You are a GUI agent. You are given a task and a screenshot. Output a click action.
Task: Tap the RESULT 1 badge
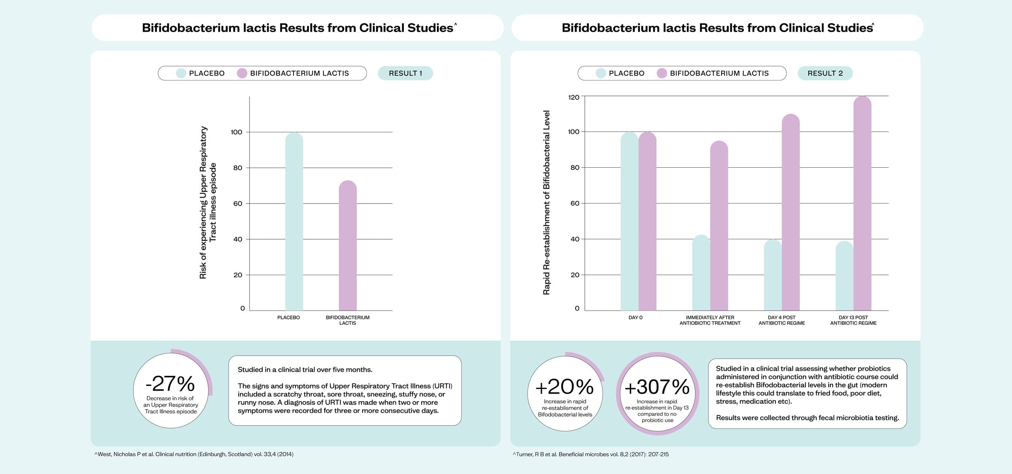click(405, 73)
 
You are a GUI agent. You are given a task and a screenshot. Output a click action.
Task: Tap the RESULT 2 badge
click(825, 73)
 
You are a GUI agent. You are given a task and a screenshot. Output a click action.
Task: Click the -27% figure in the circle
click(170, 384)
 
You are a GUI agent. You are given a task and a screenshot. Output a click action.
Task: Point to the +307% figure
click(657, 387)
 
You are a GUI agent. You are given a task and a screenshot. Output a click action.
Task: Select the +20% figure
click(565, 387)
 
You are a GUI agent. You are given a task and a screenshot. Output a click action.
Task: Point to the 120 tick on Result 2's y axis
click(574, 97)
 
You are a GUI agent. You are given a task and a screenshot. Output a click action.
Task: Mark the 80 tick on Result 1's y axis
click(238, 168)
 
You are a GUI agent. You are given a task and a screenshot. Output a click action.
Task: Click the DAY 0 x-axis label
click(635, 318)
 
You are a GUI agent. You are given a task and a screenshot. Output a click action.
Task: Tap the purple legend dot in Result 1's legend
click(242, 73)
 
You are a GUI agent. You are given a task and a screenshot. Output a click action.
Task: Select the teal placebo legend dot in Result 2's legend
click(601, 73)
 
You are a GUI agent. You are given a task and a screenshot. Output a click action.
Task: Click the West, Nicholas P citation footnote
click(194, 454)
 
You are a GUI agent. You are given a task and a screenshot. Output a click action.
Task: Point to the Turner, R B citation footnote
click(591, 454)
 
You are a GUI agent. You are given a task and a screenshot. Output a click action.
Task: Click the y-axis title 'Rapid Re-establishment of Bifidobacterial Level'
click(546, 203)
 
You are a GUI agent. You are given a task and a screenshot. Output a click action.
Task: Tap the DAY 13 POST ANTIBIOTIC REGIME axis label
click(853, 320)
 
